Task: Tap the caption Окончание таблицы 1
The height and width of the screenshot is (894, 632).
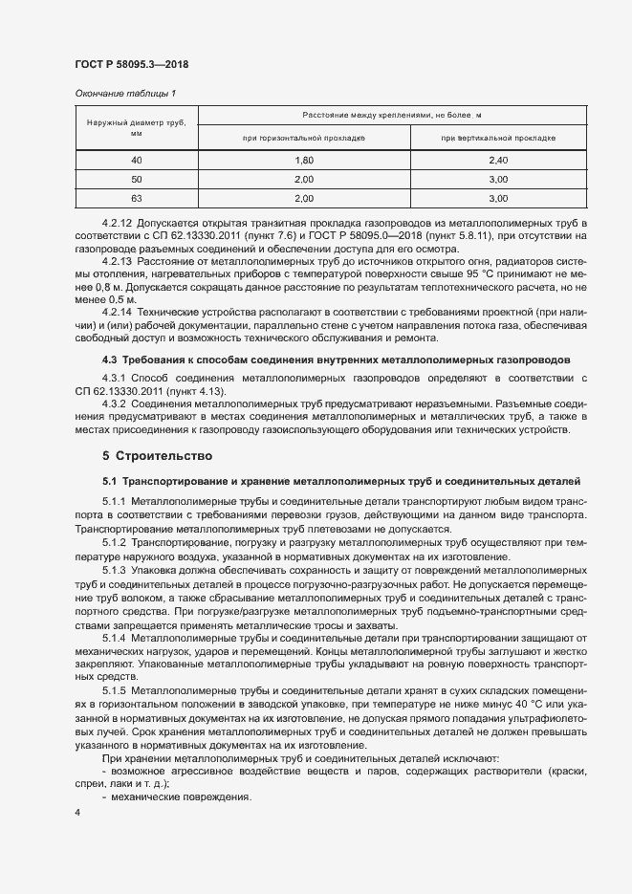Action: pyautogui.click(x=125, y=93)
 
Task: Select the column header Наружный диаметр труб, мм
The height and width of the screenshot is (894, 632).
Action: pyautogui.click(x=136, y=128)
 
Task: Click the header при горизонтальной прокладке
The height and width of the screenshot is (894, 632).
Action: pyautogui.click(x=304, y=139)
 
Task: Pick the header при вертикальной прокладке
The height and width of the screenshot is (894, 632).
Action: pyautogui.click(x=498, y=139)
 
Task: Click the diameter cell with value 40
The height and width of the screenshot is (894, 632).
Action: pyautogui.click(x=136, y=160)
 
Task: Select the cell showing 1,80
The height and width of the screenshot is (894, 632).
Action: pyautogui.click(x=304, y=160)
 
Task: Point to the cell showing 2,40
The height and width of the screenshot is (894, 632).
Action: pyautogui.click(x=498, y=160)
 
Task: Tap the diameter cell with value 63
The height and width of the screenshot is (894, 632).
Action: pyautogui.click(x=136, y=198)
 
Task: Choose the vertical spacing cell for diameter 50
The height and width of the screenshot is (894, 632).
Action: pyautogui.click(x=498, y=179)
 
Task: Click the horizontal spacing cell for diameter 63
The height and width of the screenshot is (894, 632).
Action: pyautogui.click(x=304, y=198)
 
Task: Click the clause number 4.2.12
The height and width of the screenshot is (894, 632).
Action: pyautogui.click(x=118, y=222)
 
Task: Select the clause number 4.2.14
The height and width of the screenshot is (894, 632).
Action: pyautogui.click(x=118, y=312)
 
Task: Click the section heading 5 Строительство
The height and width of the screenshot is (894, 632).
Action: pyautogui.click(x=158, y=455)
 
